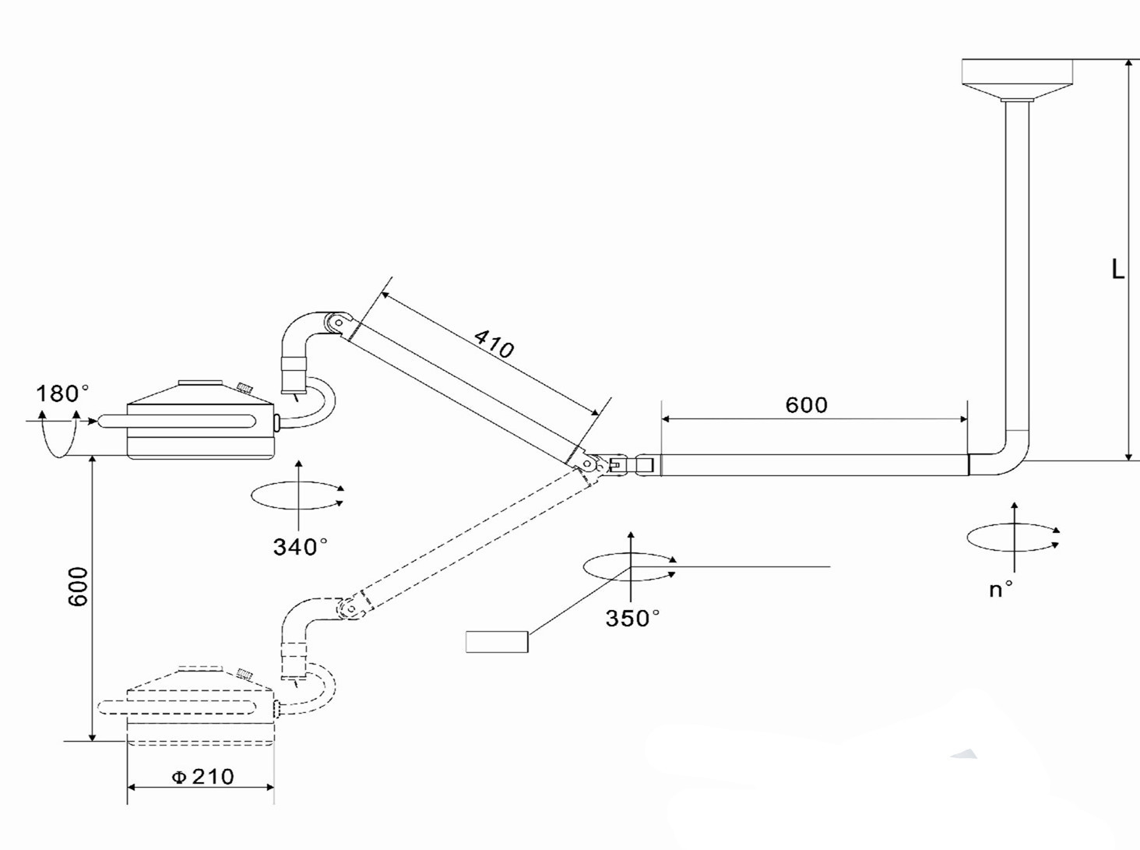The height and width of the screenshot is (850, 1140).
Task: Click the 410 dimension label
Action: [494, 344]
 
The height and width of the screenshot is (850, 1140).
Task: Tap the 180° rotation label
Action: [62, 393]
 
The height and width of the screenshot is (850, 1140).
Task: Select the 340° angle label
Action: [301, 547]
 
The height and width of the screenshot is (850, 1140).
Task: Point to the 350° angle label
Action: [632, 619]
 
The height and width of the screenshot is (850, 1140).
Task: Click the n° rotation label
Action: [1001, 590]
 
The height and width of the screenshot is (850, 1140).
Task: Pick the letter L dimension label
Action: [1117, 270]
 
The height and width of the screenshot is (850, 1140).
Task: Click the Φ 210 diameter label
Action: [203, 777]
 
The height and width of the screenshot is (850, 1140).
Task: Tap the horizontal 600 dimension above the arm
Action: [806, 404]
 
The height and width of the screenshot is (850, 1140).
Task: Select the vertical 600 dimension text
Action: [78, 587]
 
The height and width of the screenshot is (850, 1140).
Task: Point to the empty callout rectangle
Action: [497, 641]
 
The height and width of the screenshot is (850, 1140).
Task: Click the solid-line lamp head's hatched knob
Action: [245, 387]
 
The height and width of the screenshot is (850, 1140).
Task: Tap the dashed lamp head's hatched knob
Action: [244, 675]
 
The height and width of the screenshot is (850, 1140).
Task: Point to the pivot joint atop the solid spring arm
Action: [338, 323]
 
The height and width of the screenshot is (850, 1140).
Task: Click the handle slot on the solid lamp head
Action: [177, 421]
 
